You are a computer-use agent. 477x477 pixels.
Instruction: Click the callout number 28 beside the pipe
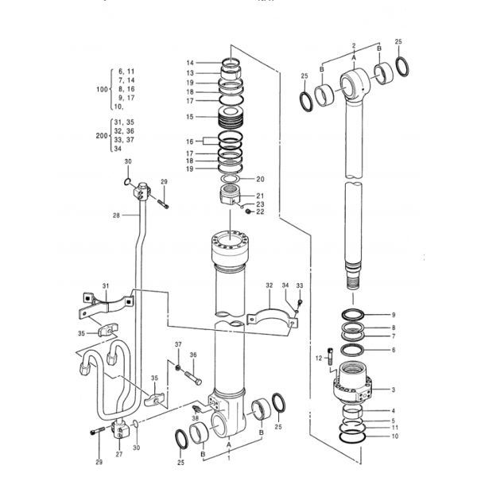(116, 215)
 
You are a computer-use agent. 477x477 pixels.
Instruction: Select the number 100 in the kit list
(103, 89)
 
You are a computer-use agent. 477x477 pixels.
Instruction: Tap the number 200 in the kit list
(102, 136)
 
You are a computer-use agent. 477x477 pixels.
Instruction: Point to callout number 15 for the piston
(190, 117)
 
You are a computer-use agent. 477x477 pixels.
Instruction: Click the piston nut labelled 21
(230, 196)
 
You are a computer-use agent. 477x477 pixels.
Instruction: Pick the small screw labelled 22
(249, 211)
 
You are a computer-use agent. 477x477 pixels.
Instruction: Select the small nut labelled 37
(178, 367)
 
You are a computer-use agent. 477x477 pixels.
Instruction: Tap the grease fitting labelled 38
(196, 409)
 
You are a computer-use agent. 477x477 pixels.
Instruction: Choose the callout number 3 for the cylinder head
(394, 390)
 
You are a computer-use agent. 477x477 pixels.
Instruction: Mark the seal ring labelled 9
(352, 314)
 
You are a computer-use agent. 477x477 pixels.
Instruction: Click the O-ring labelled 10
(352, 436)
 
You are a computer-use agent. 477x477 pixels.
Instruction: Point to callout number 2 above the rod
(354, 46)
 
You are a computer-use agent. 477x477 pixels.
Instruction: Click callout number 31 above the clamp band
(106, 286)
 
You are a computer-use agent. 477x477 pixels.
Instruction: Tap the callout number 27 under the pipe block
(119, 454)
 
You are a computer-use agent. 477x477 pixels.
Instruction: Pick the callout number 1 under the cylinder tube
(229, 458)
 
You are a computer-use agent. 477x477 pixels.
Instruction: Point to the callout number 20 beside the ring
(261, 179)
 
